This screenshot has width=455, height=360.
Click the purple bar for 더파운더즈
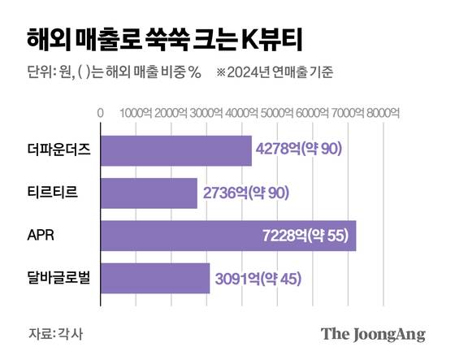point(175,150)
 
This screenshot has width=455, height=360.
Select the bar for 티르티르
point(149,193)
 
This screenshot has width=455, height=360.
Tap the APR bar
point(227,236)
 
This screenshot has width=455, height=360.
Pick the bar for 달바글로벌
point(154,279)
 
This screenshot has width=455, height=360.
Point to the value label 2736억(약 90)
point(244,193)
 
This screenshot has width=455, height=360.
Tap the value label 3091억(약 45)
point(257,279)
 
